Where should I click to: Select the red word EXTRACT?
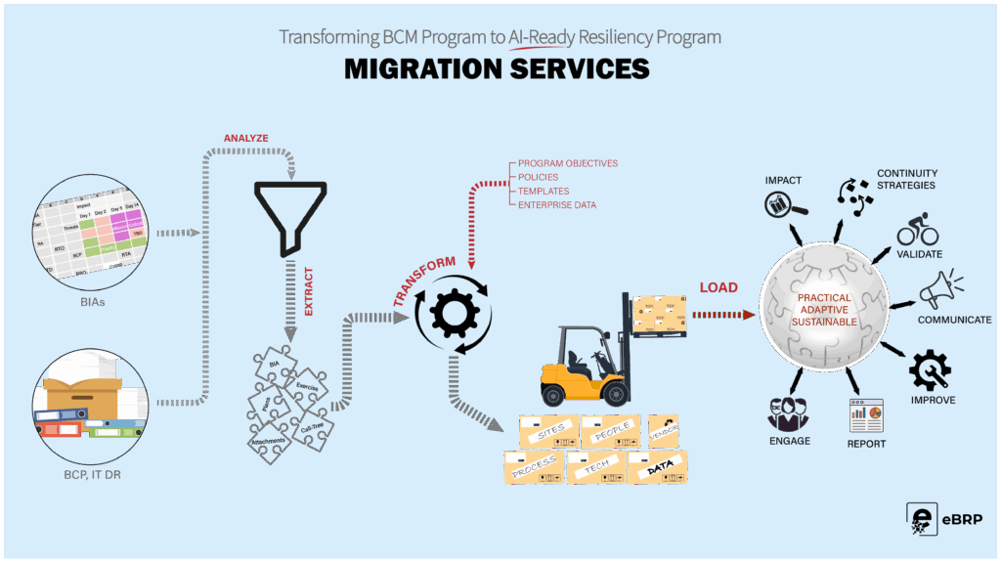pos(309,294)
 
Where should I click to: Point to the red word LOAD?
pos(718,289)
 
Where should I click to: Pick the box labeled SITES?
pos(548,431)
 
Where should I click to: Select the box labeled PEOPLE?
pos(610,431)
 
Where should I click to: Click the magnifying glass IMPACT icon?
pos(785,201)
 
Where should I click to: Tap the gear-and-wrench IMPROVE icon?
pos(931,370)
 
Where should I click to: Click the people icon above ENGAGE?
pos(788,414)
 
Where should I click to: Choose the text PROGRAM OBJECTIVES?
pos(568,163)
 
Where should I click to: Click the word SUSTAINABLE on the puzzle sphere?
pos(824,321)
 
